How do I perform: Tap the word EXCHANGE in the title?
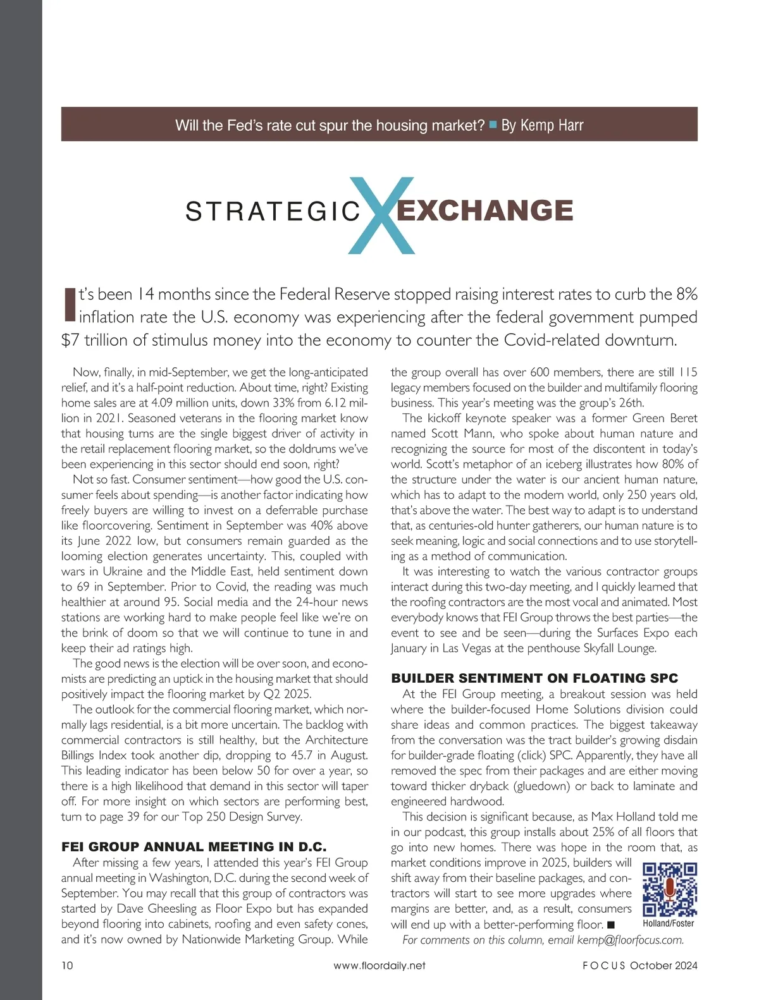(484, 210)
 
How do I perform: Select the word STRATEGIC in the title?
(273, 212)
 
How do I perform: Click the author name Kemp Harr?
(542, 125)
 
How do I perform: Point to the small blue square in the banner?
(493, 125)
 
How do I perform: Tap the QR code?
(669, 889)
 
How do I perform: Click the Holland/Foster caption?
(669, 924)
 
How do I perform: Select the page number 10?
(67, 965)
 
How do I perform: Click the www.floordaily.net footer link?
(379, 965)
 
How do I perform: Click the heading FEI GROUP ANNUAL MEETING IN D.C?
(194, 846)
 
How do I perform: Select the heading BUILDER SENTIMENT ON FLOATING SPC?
(534, 678)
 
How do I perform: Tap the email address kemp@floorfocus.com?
(630, 939)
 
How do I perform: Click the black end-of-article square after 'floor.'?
(611, 925)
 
